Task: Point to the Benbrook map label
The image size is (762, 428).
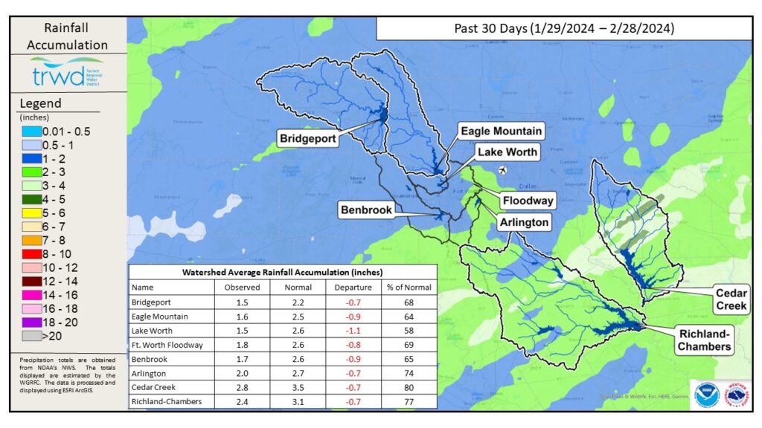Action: point(366,210)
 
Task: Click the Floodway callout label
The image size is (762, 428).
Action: point(527,201)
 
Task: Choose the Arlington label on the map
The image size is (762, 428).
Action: point(525,221)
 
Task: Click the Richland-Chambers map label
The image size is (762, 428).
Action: point(703,339)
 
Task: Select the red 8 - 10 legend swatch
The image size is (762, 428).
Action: point(31,254)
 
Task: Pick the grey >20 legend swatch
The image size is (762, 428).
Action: point(31,335)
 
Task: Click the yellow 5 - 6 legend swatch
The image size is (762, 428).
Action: point(31,213)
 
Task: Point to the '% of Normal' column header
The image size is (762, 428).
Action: point(407,287)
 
